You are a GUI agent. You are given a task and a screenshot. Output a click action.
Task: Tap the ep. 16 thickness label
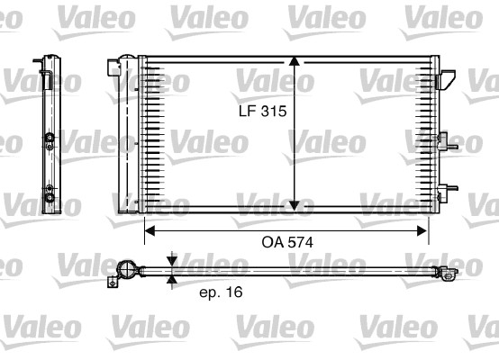(x=220, y=292)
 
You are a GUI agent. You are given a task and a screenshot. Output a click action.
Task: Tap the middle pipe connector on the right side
(x=443, y=140)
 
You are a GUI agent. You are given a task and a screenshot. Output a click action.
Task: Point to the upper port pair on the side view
(x=50, y=139)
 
